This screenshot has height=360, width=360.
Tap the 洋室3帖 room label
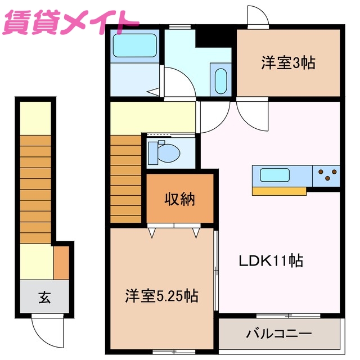pos(287,62)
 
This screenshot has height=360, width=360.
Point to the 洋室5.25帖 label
pos(161,296)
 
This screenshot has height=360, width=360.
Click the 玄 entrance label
pos(44,296)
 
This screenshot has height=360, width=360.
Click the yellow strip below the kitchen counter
pos(279,191)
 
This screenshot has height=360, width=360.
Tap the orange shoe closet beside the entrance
pos(61,263)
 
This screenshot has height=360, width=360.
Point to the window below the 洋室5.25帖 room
pos(169,352)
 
